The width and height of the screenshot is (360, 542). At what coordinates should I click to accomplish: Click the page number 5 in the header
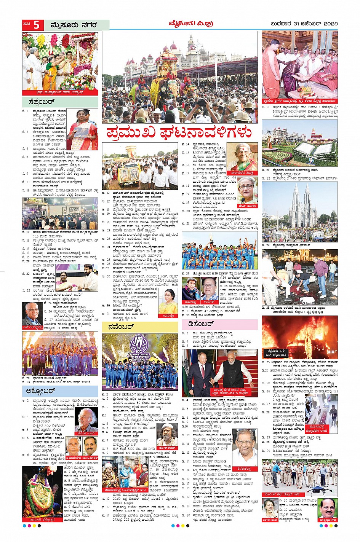point(36,25)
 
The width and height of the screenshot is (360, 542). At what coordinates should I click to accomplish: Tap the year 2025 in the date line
point(329,24)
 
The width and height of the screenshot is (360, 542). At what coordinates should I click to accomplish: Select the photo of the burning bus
point(299,337)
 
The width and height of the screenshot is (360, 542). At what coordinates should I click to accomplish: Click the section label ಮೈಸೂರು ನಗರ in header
point(74,25)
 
